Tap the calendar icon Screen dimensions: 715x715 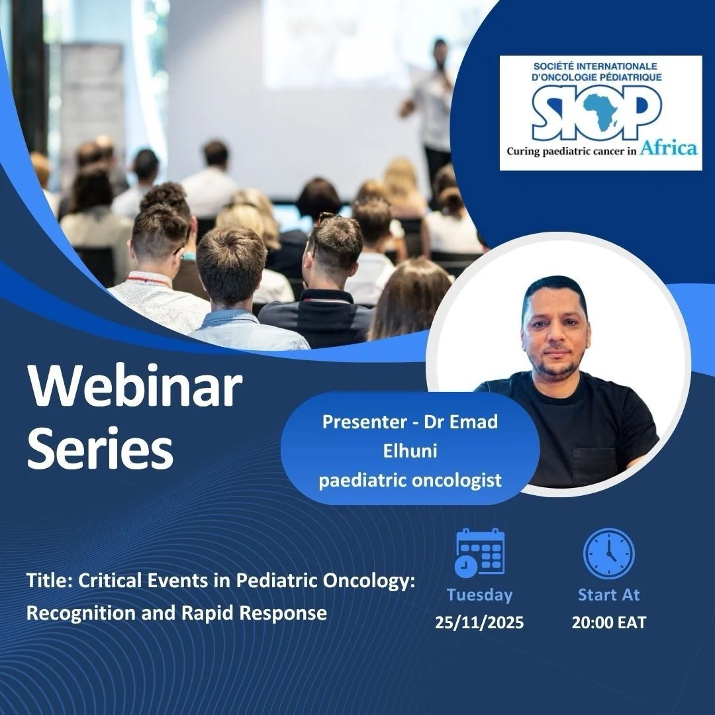[x=480, y=552]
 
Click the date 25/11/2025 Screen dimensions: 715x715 [x=479, y=622]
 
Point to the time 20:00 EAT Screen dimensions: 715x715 [x=609, y=622]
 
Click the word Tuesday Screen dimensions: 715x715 [x=479, y=595]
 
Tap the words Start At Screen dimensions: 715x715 [x=609, y=595]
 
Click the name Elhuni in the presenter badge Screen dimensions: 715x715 [x=410, y=451]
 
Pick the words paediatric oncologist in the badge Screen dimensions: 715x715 [x=410, y=479]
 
